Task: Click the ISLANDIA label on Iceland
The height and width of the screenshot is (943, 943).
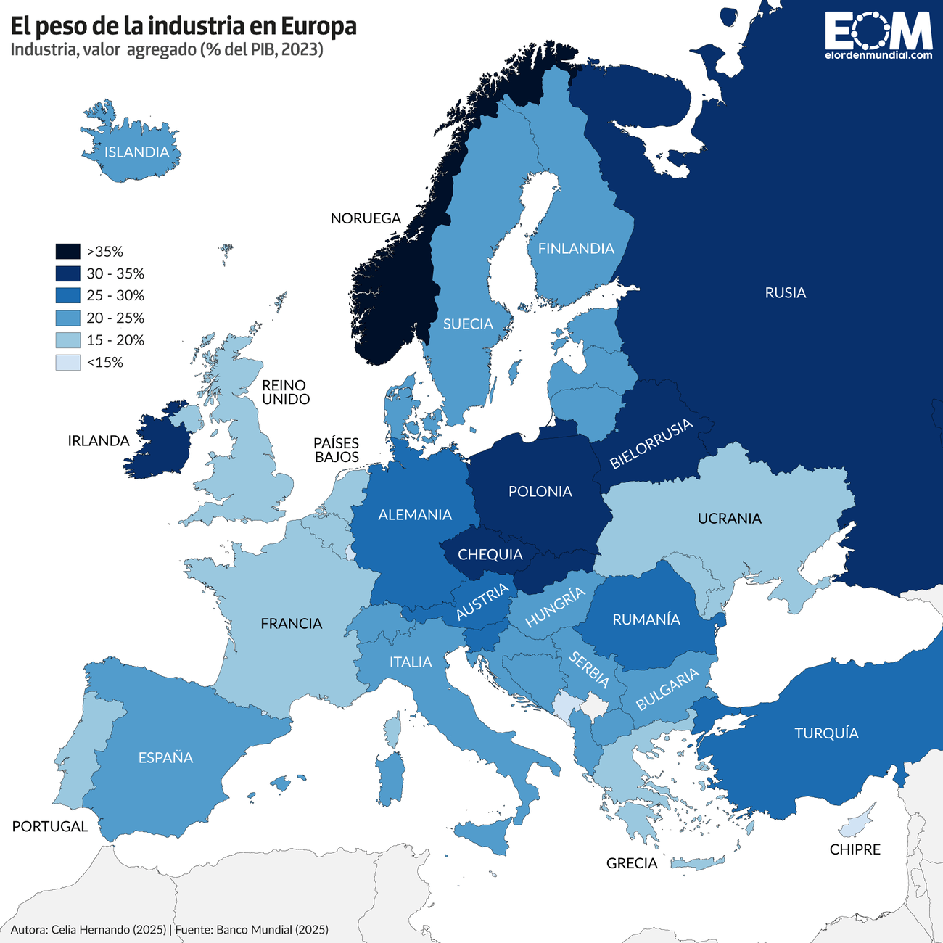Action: (136, 152)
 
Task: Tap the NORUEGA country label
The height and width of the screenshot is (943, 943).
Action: (366, 218)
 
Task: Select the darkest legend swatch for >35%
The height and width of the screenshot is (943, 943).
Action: (67, 252)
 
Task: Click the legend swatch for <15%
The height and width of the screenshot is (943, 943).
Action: (67, 363)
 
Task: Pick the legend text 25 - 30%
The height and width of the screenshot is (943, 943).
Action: (115, 296)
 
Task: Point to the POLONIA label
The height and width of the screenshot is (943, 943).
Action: (540, 492)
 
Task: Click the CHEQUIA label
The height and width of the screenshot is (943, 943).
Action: (490, 555)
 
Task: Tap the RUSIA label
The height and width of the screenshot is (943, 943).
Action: (785, 293)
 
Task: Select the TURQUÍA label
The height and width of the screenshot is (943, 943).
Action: (826, 733)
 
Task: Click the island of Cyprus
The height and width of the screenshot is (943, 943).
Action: (856, 824)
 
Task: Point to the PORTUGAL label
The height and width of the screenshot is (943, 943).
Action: (49, 827)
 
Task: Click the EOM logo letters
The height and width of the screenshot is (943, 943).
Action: (878, 30)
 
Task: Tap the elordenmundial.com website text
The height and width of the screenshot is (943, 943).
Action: (878, 55)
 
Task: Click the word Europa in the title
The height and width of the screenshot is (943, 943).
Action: (318, 26)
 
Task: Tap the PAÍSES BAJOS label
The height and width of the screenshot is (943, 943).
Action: (336, 450)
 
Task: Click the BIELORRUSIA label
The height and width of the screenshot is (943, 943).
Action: (651, 444)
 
